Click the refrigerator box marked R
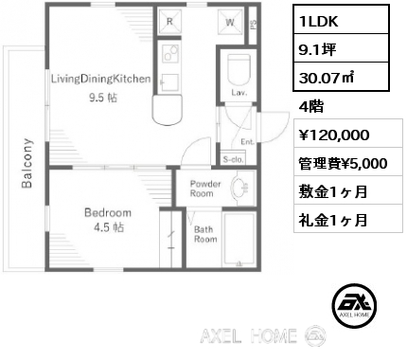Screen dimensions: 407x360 coord(169,22)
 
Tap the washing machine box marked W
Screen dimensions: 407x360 coord(230,22)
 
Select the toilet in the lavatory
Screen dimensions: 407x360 coord(239,69)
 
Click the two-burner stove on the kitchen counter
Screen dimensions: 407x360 coord(170,53)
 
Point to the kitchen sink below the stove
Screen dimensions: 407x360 coord(170,82)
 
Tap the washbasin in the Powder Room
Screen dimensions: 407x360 coord(240,189)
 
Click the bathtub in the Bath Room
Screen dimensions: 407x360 coord(239,240)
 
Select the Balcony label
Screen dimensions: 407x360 coord(27,163)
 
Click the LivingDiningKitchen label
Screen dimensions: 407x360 coord(101,79)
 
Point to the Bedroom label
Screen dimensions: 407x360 coord(108,212)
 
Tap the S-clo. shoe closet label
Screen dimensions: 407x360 coord(233,160)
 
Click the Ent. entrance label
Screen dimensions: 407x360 coord(248,142)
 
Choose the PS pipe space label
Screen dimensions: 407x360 coord(254,25)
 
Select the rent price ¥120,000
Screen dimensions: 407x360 coord(334,135)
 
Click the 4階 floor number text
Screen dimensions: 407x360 coord(310,107)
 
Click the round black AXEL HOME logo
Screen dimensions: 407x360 coord(354,305)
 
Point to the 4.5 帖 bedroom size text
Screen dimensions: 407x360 coord(109,227)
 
